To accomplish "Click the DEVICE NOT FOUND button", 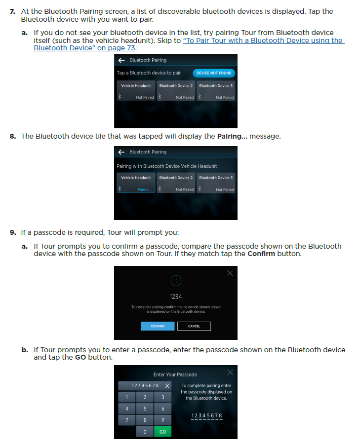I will pos(214,73).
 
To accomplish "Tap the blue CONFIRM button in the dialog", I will pos(158,326).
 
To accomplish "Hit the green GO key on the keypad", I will pos(162,432).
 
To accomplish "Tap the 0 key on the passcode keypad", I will pos(145,432).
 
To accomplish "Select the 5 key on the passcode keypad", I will pos(145,409).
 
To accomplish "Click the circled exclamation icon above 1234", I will pos(176,281).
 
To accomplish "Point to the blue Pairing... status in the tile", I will pos(145,189).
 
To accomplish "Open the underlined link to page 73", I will pos(189,44).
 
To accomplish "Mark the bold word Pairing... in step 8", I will pos(232,136).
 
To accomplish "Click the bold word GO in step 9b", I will pos(80,357).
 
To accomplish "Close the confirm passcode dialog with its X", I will pos(230,273).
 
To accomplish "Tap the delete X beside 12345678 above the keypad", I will pos(167,386).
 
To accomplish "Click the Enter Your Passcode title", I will pos(175,374).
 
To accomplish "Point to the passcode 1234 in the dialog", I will pos(176,297).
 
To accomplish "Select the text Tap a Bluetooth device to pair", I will pos(149,73).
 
